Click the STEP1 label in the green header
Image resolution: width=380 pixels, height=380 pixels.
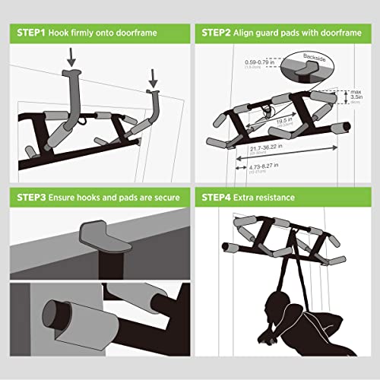click(28, 34)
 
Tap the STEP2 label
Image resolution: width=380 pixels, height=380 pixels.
click(220, 34)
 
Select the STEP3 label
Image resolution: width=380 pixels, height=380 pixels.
click(28, 199)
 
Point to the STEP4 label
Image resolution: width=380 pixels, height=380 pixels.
click(220, 199)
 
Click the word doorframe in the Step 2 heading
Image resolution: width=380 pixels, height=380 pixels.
click(338, 34)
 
